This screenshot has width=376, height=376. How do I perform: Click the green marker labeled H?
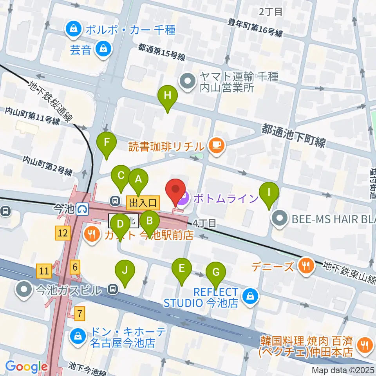tap(167, 96)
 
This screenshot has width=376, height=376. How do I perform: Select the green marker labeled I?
tap(269, 193)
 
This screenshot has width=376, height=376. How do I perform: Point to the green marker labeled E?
tap(182, 269)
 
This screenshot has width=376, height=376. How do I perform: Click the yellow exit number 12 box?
tap(63, 234)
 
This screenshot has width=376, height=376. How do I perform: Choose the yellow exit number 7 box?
tap(80, 313)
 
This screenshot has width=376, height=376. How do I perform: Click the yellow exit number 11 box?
tap(44, 270)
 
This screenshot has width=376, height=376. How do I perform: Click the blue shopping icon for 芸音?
tap(103, 50)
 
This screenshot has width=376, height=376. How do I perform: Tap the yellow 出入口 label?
tap(143, 202)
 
